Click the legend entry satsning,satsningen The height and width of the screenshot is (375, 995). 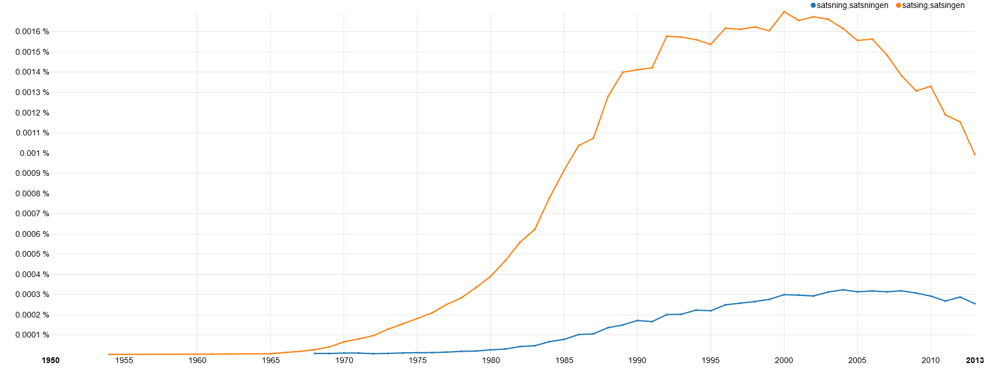pyautogui.click(x=852, y=6)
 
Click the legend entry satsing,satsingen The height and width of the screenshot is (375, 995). pyautogui.click(x=933, y=6)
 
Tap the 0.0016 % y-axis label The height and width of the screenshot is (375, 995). pyautogui.click(x=32, y=32)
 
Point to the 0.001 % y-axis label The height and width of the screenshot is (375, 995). pyautogui.click(x=34, y=153)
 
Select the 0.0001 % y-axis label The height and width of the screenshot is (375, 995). pyautogui.click(x=32, y=335)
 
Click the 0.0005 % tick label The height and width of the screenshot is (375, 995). pyautogui.click(x=32, y=254)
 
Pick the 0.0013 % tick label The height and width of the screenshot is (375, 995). pyautogui.click(x=32, y=92)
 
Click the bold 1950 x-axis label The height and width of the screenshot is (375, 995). pyautogui.click(x=51, y=360)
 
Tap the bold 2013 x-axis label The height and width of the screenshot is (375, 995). pyautogui.click(x=975, y=360)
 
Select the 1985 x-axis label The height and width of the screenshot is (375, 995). pyautogui.click(x=564, y=360)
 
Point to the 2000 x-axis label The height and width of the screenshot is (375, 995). pyautogui.click(x=784, y=360)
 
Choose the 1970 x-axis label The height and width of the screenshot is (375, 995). pyautogui.click(x=344, y=360)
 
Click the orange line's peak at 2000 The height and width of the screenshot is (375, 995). pyautogui.click(x=784, y=11)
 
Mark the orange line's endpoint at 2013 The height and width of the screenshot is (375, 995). pyautogui.click(x=975, y=154)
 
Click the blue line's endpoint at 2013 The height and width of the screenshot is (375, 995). pyautogui.click(x=975, y=304)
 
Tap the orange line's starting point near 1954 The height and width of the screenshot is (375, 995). pyautogui.click(x=109, y=355)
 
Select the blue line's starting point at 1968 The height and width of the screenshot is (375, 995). pyautogui.click(x=315, y=353)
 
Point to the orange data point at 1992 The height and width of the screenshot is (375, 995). pyautogui.click(x=667, y=36)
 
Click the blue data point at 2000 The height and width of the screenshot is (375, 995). pyautogui.click(x=784, y=295)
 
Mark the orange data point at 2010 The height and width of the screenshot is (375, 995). pyautogui.click(x=931, y=86)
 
